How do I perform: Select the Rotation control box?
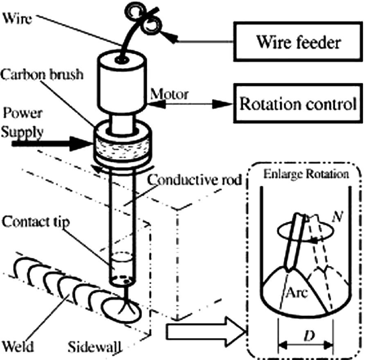pyautogui.click(x=297, y=104)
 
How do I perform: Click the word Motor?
pyautogui.click(x=169, y=94)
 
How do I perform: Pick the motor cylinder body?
pyautogui.click(x=121, y=86)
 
